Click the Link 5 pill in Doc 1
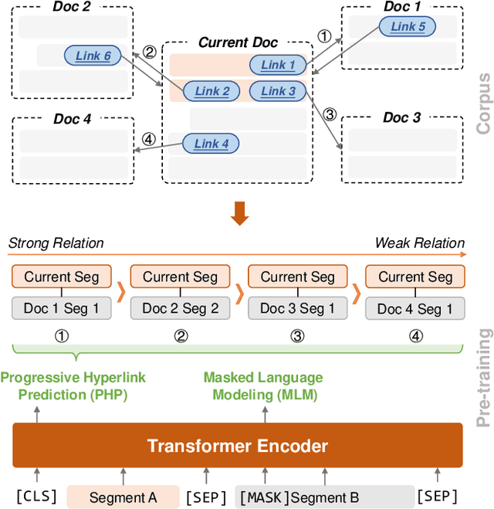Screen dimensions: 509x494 pyautogui.click(x=408, y=27)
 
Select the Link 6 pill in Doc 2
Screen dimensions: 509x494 pyautogui.click(x=93, y=56)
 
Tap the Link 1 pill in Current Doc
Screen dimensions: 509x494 pyautogui.click(x=279, y=65)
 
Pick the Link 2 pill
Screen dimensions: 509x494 pyautogui.click(x=211, y=91)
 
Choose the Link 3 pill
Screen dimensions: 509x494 pyautogui.click(x=278, y=91)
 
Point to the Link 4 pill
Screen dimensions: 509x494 pyautogui.click(x=211, y=143)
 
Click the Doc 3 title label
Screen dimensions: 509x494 pyautogui.click(x=401, y=117)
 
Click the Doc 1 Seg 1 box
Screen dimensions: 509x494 pyautogui.click(x=62, y=309)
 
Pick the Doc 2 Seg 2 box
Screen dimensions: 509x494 pyautogui.click(x=180, y=309)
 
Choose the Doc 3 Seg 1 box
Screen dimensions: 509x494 pyautogui.click(x=297, y=309)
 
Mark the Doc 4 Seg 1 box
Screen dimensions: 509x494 pyautogui.click(x=414, y=309)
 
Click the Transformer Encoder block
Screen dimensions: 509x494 pyautogui.click(x=237, y=446)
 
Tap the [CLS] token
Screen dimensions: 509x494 pyautogui.click(x=36, y=496)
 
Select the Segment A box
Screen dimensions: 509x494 pyautogui.click(x=123, y=497)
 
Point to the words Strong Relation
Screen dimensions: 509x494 pyautogui.click(x=56, y=243)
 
